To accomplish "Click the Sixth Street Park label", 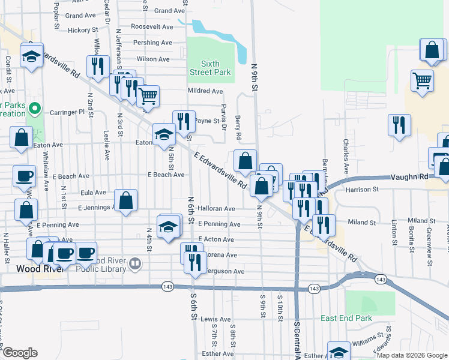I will [210, 68].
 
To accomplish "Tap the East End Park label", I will [346, 318].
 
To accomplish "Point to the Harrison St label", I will [363, 190].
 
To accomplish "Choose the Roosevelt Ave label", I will [152, 27].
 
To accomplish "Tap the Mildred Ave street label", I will [205, 91].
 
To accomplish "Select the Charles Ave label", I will [345, 149].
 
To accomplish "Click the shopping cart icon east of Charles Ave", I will [423, 80].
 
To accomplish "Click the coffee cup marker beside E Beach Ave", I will [25, 176].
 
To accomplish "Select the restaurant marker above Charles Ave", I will [399, 125].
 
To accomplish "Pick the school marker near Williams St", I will [339, 351].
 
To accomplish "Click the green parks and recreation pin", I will [35, 109].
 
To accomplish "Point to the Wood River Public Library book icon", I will [136, 263].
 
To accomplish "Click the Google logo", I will [19, 353].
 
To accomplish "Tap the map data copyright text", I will [412, 355].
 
